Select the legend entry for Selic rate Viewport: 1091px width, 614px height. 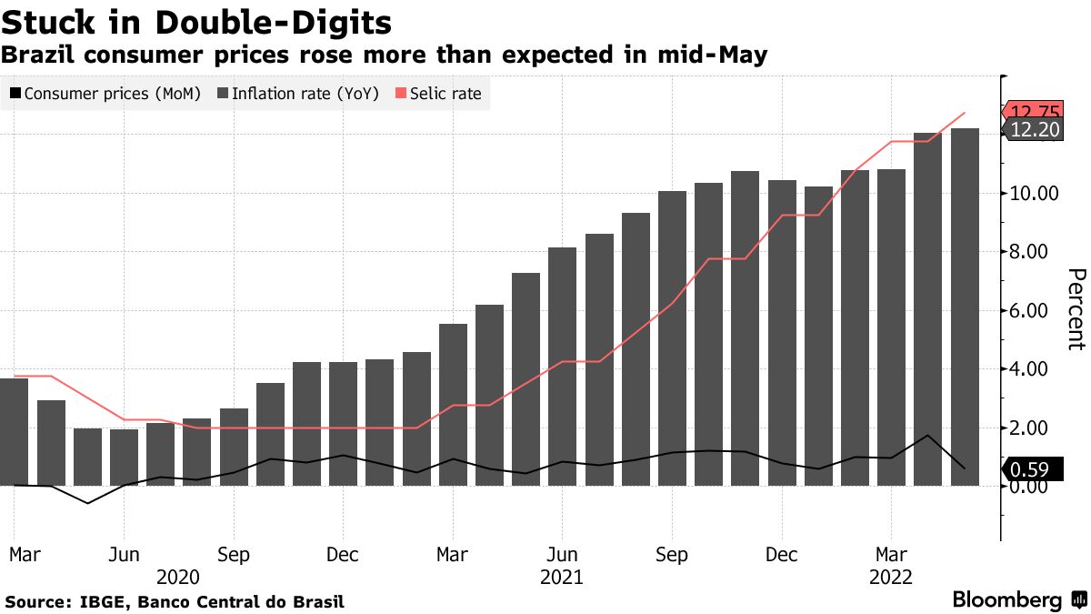coord(438,93)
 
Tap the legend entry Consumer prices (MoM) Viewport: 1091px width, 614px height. coord(105,93)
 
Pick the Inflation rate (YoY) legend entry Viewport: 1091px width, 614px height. coord(297,93)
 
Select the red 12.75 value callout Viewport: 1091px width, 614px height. coord(1034,113)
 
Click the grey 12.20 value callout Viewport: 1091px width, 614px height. coord(1034,130)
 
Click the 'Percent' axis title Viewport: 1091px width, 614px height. coord(1076,309)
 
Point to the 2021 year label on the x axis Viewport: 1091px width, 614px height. coord(561,577)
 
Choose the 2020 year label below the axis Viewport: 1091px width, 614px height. coord(177,577)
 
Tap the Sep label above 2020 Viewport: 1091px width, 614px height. coord(234,555)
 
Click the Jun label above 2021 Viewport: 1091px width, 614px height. coord(562,555)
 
